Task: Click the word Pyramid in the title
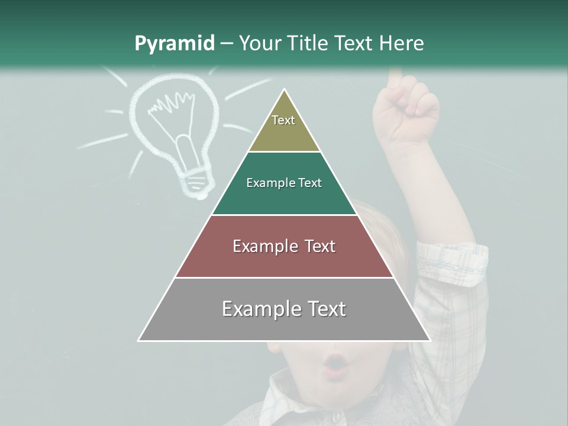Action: click(x=174, y=44)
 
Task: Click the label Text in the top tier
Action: click(x=283, y=120)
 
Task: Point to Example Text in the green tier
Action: click(x=284, y=183)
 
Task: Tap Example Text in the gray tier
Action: click(x=284, y=309)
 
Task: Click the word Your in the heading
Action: click(x=260, y=44)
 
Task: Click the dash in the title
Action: click(x=227, y=44)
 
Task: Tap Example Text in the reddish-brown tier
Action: click(x=284, y=246)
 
